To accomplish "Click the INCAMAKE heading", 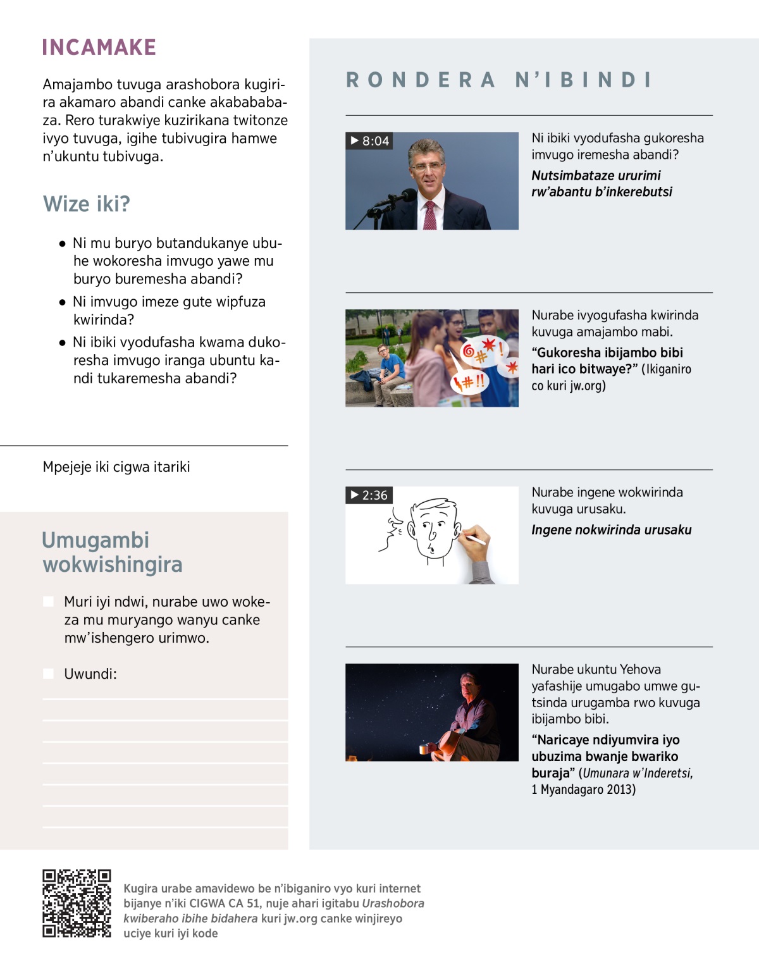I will (99, 47).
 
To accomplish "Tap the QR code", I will (77, 903).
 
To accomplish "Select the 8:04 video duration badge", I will (369, 140).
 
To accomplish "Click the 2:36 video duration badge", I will (369, 495).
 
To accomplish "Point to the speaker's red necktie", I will (430, 215).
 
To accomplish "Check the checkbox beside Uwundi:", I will (48, 674).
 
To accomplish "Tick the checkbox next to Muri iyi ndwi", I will (48, 602).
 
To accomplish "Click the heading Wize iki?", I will (87, 204).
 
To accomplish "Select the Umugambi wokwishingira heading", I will (112, 552).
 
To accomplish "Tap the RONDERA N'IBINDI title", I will (498, 80).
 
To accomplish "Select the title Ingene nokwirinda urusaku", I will (611, 530).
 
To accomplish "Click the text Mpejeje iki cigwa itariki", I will (116, 467).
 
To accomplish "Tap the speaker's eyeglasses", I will (428, 166).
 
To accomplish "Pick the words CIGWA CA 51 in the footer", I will (225, 903).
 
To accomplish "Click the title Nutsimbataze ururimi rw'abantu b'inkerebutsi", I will (602, 183).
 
